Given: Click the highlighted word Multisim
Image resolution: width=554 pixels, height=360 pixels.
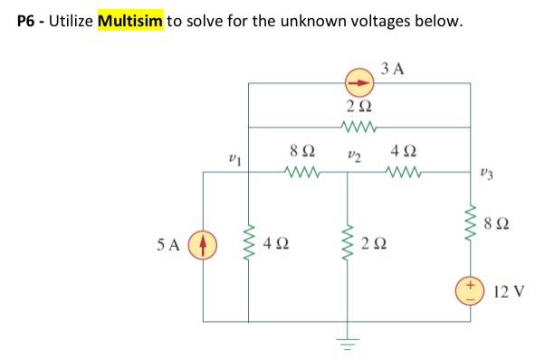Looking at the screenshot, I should [x=129, y=20].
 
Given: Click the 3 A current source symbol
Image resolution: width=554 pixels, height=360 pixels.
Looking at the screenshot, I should [x=359, y=83].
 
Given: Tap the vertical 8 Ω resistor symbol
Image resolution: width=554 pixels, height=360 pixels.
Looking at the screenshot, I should [x=469, y=219].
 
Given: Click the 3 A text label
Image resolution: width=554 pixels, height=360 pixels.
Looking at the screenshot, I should [x=393, y=67].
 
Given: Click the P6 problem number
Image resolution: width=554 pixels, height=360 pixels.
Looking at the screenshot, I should [x=28, y=20].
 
